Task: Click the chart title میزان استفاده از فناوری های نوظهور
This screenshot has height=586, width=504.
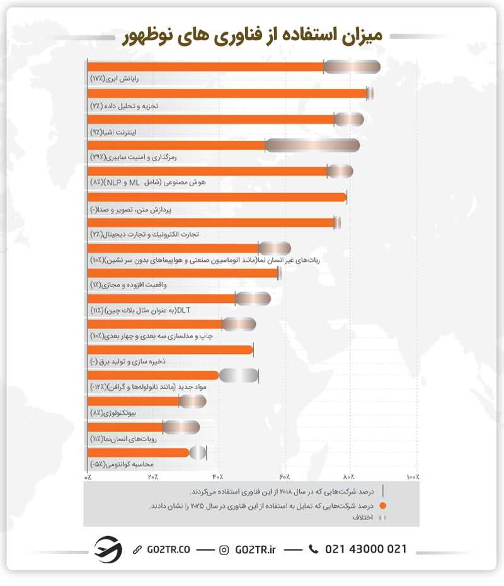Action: (252, 37)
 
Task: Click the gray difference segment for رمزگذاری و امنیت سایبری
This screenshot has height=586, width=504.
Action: (312, 145)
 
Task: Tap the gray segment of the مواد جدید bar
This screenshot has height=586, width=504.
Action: (239, 376)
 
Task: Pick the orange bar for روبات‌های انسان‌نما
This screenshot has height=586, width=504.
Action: (125, 427)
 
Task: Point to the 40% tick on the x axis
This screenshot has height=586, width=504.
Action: (219, 476)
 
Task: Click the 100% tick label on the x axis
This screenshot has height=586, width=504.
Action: (412, 476)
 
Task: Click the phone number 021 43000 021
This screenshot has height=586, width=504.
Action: (365, 549)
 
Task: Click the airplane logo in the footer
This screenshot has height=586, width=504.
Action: (108, 549)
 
